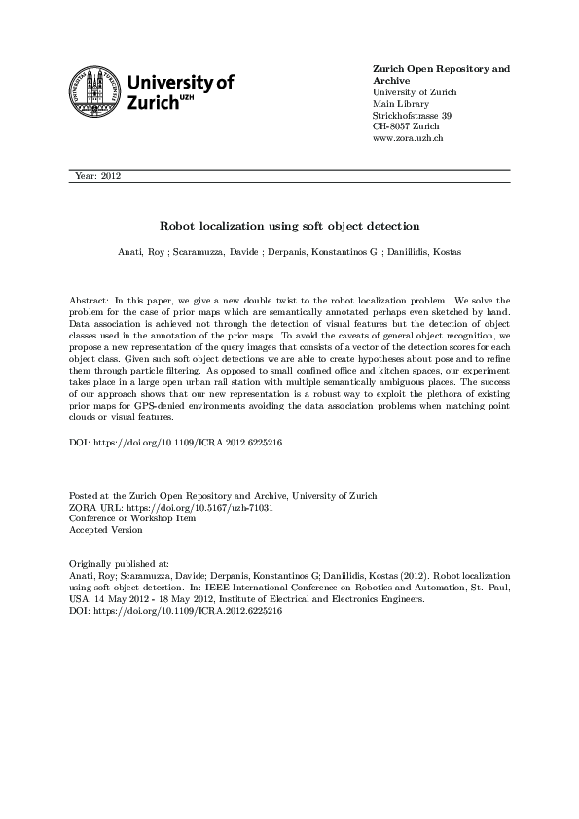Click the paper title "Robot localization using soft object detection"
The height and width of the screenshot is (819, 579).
(289, 224)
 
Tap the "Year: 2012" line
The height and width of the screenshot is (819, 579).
(96, 176)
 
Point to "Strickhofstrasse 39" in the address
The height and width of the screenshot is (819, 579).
(412, 116)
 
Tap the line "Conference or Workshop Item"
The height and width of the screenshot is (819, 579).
(131, 519)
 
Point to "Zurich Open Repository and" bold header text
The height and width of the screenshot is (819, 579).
(441, 69)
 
